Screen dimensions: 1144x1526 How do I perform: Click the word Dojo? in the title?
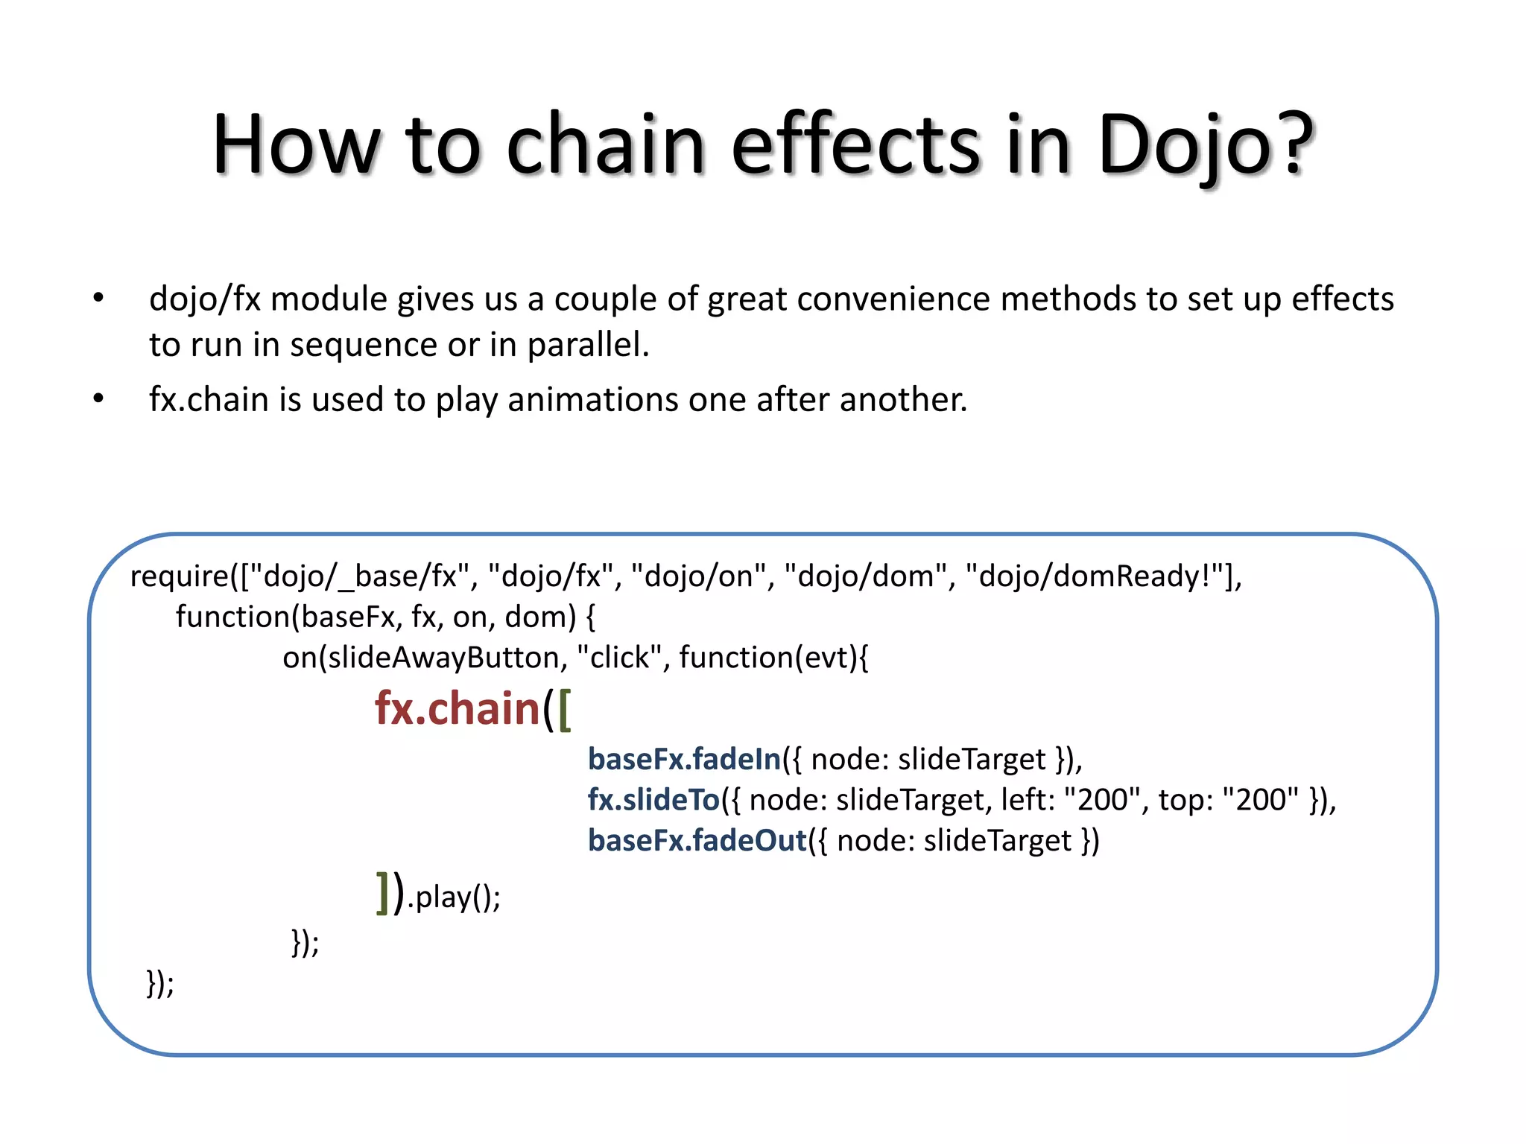tap(1205, 145)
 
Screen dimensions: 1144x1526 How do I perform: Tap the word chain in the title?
tap(605, 145)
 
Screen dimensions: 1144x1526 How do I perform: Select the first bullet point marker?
tap(98, 299)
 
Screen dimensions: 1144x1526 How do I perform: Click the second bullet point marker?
tap(98, 399)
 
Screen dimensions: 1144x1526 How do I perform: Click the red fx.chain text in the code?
tap(457, 708)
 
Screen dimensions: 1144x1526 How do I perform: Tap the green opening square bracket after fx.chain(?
tap(565, 710)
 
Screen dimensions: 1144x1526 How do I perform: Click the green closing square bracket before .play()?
tap(383, 893)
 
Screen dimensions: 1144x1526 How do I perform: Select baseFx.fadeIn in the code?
tap(684, 759)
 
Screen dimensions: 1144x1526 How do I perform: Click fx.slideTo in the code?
tap(653, 800)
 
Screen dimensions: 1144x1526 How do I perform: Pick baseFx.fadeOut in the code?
tap(697, 841)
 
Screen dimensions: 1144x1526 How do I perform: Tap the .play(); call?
tap(455, 897)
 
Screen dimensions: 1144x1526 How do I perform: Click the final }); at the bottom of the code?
tap(160, 983)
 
